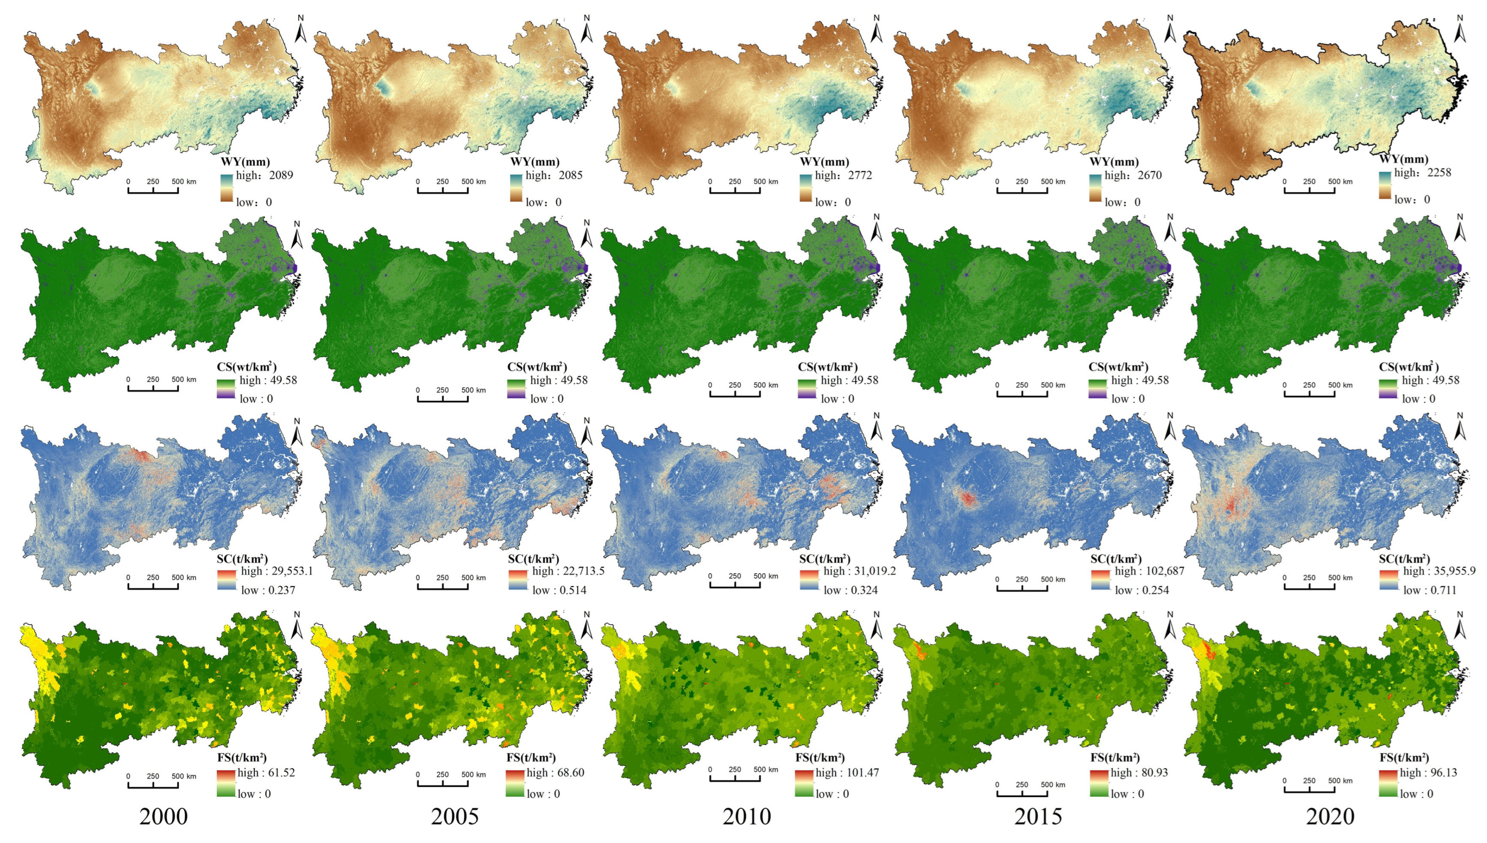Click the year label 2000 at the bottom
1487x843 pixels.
pos(163,817)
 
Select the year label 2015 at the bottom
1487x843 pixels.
pos(1038,817)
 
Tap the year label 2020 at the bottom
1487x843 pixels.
pos(1330,817)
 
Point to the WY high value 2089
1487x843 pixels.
pos(281,175)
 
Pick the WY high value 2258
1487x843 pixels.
pos(1439,172)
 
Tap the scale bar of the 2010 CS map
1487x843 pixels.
pos(735,392)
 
